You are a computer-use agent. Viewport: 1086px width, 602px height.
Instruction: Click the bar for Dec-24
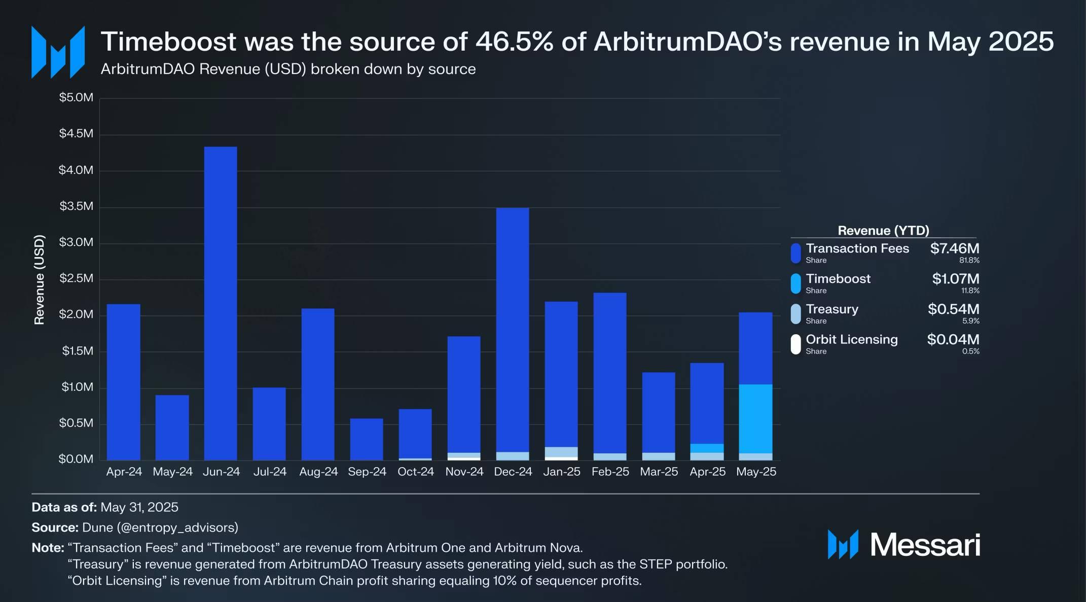coord(513,330)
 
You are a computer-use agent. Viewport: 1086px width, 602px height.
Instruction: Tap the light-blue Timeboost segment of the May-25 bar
coord(755,418)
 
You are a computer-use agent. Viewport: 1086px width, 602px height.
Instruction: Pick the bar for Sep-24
coord(367,439)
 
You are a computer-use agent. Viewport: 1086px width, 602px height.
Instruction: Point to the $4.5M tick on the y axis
coord(76,134)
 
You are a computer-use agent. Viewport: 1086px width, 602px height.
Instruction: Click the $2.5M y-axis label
coord(76,278)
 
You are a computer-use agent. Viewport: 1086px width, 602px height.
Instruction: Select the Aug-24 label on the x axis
coord(318,472)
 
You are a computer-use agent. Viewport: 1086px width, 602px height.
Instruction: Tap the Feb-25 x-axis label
coord(610,472)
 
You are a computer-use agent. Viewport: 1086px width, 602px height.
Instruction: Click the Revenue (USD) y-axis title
coord(40,279)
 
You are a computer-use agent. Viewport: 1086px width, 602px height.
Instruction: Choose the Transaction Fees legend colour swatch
coord(795,253)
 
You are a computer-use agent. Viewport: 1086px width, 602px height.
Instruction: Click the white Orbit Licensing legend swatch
coord(795,344)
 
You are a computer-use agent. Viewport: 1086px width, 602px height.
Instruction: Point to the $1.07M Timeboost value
coord(955,279)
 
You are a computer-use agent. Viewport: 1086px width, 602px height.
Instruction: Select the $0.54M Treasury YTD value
coord(953,309)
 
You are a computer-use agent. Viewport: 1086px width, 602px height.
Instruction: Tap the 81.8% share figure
coord(969,261)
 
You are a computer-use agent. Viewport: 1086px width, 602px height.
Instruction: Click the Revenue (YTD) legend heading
coord(883,231)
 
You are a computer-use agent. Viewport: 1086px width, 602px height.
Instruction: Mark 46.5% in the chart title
coord(514,42)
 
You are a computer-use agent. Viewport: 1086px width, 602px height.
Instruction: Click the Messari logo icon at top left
coord(58,52)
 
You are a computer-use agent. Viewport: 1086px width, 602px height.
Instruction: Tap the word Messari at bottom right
coord(925,545)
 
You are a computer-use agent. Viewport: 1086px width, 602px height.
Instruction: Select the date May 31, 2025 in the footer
coord(139,507)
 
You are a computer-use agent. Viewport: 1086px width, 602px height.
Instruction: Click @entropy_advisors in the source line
coord(177,527)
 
